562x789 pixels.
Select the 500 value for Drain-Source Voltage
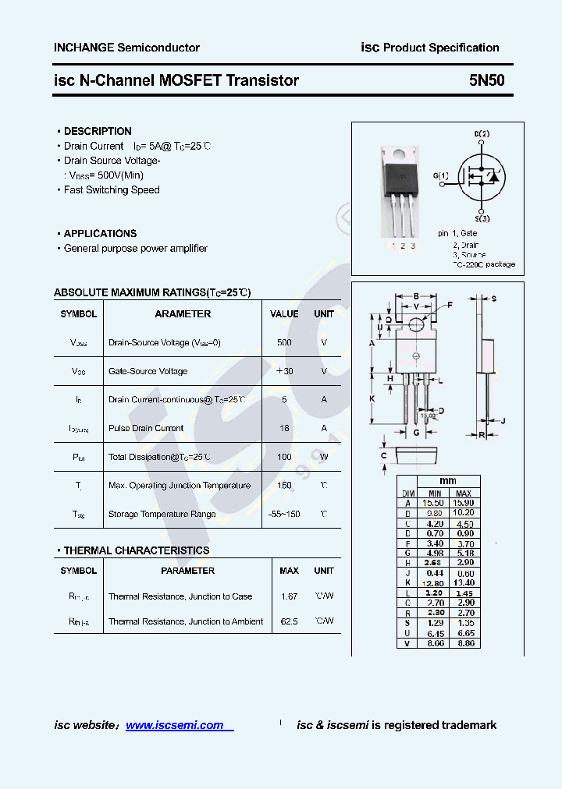284,342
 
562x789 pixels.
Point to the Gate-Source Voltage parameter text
148,371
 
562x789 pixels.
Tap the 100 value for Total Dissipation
284,457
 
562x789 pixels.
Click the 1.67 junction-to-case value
289,596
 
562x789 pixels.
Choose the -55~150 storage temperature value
284,514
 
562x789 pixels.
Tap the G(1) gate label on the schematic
441,176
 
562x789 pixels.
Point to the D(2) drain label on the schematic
482,134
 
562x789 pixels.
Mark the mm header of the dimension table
447,481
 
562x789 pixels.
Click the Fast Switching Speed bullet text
112,189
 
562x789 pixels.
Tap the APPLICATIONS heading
100,233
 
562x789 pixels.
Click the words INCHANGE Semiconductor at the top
126,48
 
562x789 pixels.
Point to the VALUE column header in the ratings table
284,313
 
